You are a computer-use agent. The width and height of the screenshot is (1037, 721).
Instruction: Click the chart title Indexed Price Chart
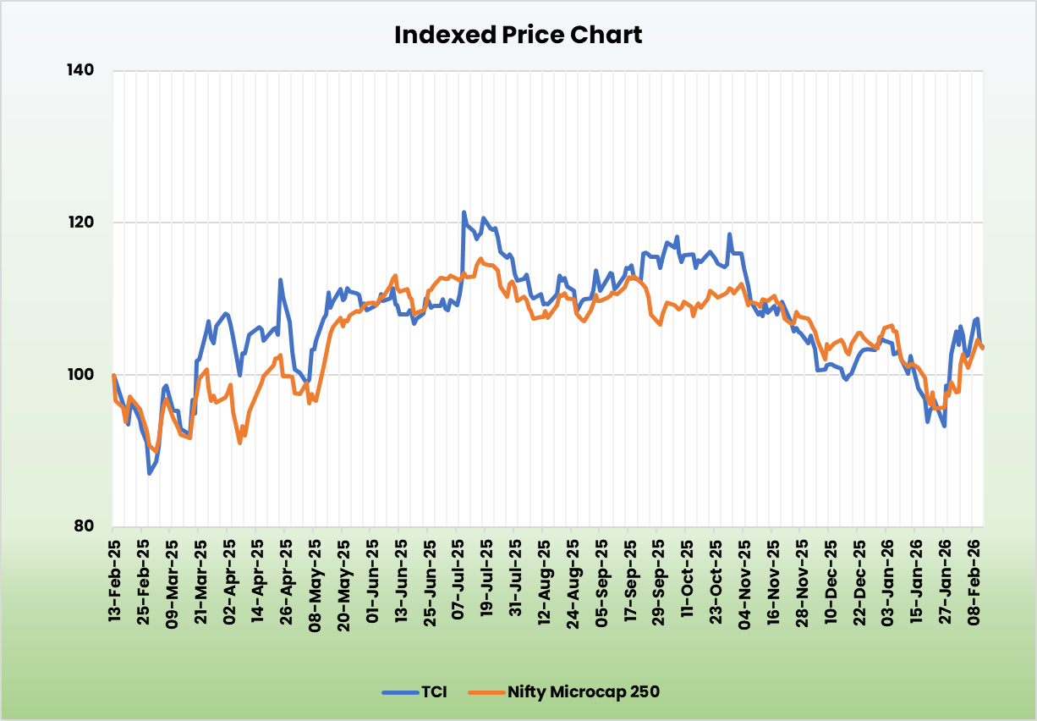(x=518, y=35)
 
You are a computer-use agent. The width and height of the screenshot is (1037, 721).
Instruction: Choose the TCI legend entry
(x=414, y=691)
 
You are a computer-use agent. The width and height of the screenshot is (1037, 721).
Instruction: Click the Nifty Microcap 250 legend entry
(x=571, y=691)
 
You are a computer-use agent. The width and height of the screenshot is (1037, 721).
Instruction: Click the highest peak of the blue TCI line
(x=464, y=212)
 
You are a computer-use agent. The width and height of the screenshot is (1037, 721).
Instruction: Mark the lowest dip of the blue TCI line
(x=150, y=473)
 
